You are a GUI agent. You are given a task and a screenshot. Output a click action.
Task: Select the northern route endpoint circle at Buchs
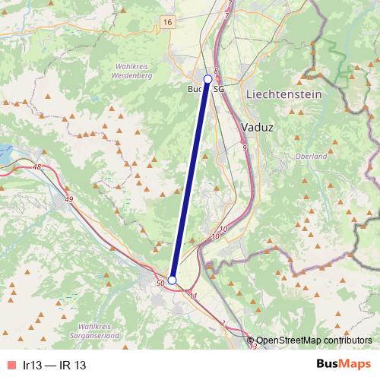click(208, 78)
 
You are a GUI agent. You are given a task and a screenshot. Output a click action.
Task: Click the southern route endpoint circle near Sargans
click(172, 280)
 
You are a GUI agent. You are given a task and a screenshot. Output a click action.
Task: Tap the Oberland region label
click(310, 156)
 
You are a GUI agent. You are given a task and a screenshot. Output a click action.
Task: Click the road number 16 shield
click(166, 24)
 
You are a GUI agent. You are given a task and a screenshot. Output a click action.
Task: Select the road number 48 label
click(37, 166)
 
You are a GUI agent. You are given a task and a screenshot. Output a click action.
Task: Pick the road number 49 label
click(70, 199)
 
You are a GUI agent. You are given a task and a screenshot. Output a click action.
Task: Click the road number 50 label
click(160, 283)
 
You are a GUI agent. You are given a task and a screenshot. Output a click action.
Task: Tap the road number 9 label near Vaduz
click(244, 147)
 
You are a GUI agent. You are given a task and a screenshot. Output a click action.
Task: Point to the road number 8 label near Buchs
click(216, 71)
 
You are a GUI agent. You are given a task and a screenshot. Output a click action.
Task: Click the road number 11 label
click(195, 296)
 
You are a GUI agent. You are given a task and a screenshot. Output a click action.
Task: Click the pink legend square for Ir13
click(11, 366)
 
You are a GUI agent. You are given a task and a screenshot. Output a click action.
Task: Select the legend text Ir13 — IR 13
click(54, 366)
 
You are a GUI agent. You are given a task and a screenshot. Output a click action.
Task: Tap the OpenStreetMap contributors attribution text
click(313, 340)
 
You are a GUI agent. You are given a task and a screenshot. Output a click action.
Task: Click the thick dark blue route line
click(190, 179)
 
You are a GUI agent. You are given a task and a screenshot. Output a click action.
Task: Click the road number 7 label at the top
click(226, 15)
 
